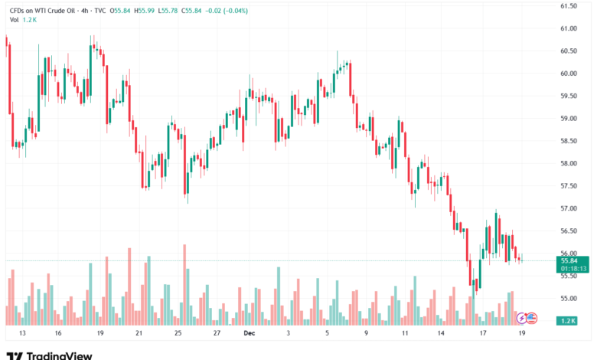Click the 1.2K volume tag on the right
(567, 319)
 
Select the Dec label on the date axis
(248, 334)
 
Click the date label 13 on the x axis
(22, 334)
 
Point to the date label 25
(178, 334)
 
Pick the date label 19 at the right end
(520, 334)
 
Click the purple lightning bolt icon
(521, 317)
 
